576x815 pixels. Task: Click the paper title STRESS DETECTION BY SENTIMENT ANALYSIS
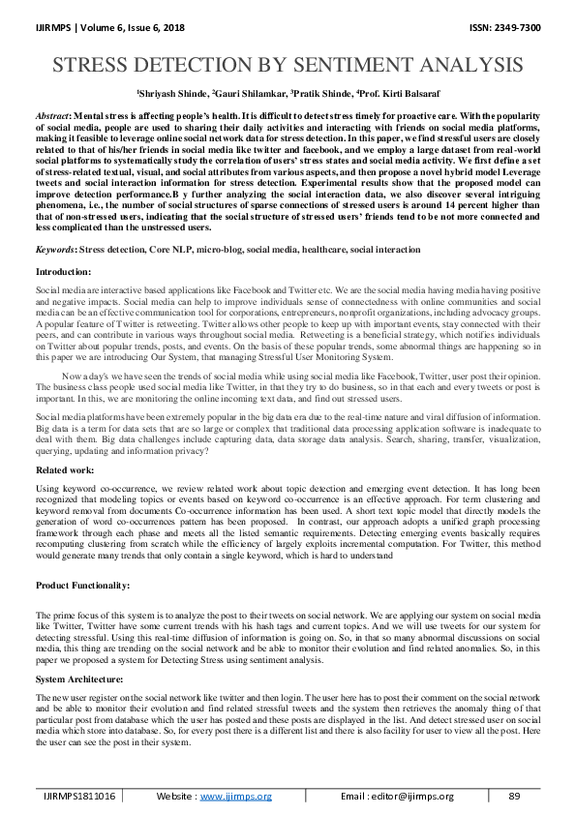[x=288, y=66]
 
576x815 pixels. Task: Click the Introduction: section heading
[x=63, y=274]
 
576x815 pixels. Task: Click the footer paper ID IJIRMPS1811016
[x=79, y=796]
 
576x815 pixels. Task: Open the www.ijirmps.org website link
[x=236, y=796]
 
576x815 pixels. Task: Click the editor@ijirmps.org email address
[x=414, y=796]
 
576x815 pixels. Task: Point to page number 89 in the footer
[x=514, y=796]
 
